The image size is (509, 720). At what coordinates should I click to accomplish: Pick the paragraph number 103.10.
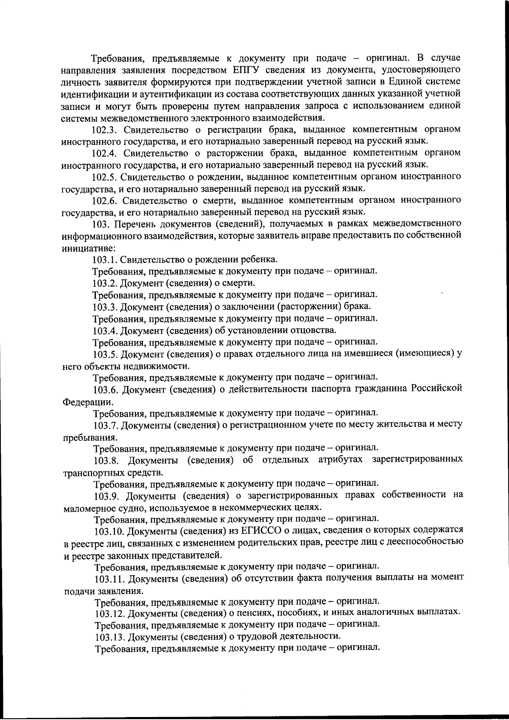[109, 530]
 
